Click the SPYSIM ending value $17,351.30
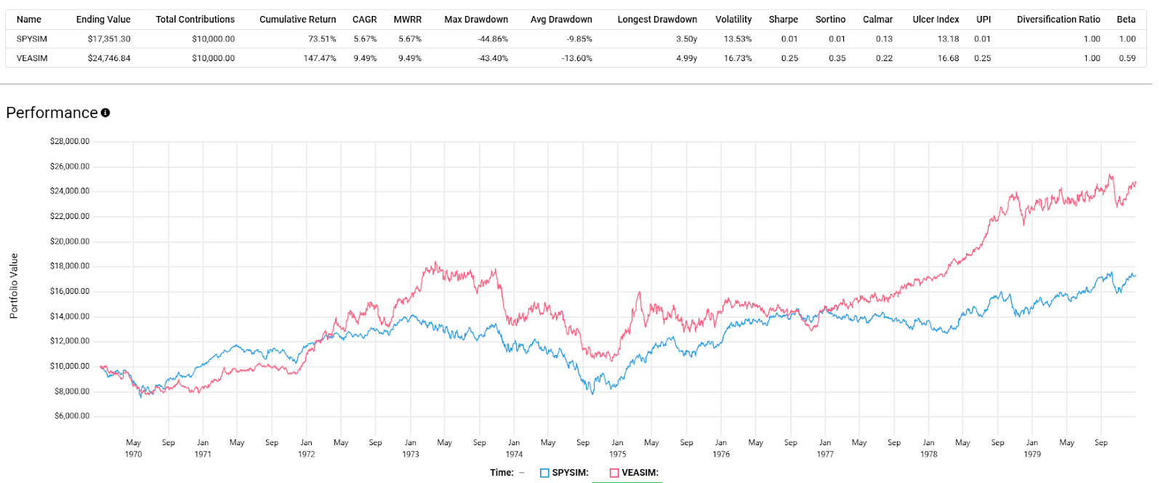(x=109, y=39)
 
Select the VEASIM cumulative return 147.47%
(x=320, y=58)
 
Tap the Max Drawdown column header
(x=476, y=20)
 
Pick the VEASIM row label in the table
(x=32, y=58)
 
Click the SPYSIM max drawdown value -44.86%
(x=493, y=39)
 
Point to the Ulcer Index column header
(x=935, y=20)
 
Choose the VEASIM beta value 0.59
(x=1127, y=58)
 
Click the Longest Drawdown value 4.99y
(x=686, y=58)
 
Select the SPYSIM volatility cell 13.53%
(x=738, y=39)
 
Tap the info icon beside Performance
(x=105, y=113)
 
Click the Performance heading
(x=52, y=113)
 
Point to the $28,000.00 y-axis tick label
(x=70, y=141)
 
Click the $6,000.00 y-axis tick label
(x=72, y=416)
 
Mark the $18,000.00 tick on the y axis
(x=70, y=266)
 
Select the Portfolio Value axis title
(x=14, y=286)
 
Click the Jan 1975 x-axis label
(x=617, y=448)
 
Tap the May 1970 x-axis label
(x=134, y=448)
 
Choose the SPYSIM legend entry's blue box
(x=544, y=473)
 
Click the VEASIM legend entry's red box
(x=614, y=473)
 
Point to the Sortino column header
(x=830, y=20)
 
